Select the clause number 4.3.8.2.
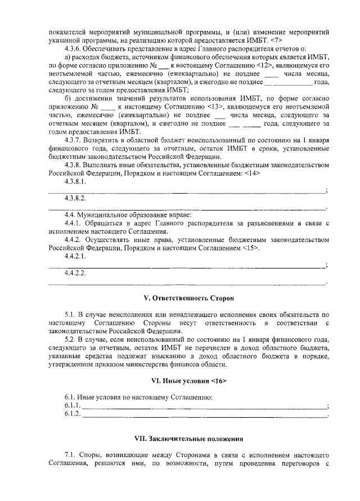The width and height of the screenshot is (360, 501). click(x=75, y=199)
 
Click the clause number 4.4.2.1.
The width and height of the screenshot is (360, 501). click(x=75, y=256)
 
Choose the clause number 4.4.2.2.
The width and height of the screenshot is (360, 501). click(x=75, y=273)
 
